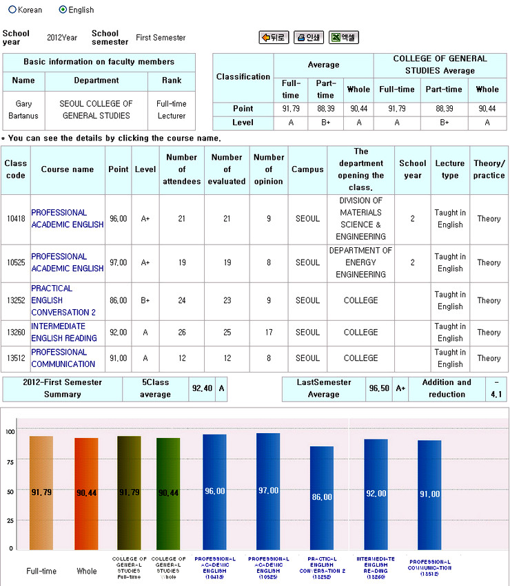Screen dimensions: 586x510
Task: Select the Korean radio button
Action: pyautogui.click(x=12, y=10)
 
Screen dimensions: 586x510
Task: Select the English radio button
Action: pyautogui.click(x=63, y=10)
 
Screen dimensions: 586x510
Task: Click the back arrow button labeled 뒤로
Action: pyautogui.click(x=274, y=38)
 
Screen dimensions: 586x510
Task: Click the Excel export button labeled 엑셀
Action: pyautogui.click(x=343, y=38)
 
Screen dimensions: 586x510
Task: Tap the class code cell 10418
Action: pyautogui.click(x=15, y=219)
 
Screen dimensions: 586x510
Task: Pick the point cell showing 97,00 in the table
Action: pyautogui.click(x=119, y=262)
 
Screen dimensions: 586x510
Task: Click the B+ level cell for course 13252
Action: pyautogui.click(x=145, y=300)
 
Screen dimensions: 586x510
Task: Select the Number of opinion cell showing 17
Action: pyautogui.click(x=269, y=332)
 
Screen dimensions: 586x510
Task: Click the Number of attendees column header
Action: pyautogui.click(x=182, y=169)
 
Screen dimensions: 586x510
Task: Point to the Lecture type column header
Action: pyautogui.click(x=450, y=169)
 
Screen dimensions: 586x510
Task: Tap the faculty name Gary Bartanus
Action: pyautogui.click(x=23, y=110)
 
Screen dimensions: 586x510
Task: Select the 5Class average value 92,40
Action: pyautogui.click(x=202, y=388)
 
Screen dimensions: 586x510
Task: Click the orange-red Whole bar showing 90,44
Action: pyautogui.click(x=86, y=493)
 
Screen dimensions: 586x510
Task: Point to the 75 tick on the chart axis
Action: pyautogui.click(x=10, y=461)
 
